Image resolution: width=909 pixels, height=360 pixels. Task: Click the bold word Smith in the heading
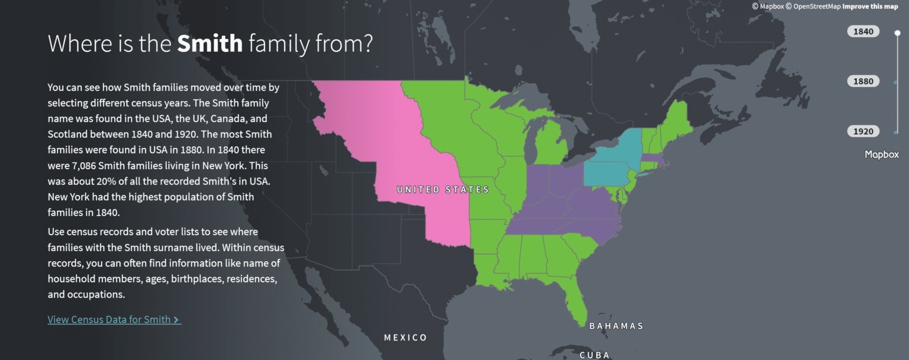click(x=209, y=43)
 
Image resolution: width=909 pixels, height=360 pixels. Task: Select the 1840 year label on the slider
click(x=863, y=31)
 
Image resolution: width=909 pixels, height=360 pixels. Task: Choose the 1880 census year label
click(x=863, y=81)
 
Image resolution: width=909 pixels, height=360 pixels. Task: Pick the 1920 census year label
click(x=863, y=131)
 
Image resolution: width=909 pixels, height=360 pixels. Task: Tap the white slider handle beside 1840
click(x=897, y=33)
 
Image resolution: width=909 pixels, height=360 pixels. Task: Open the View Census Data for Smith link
click(x=114, y=320)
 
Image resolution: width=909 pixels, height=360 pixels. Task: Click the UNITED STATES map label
click(x=443, y=189)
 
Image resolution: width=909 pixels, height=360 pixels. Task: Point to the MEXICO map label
click(x=405, y=337)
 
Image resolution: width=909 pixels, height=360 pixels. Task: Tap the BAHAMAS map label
click(x=616, y=326)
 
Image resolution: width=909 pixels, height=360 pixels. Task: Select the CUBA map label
click(x=594, y=355)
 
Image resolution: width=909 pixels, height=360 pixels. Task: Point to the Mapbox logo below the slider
click(x=882, y=155)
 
